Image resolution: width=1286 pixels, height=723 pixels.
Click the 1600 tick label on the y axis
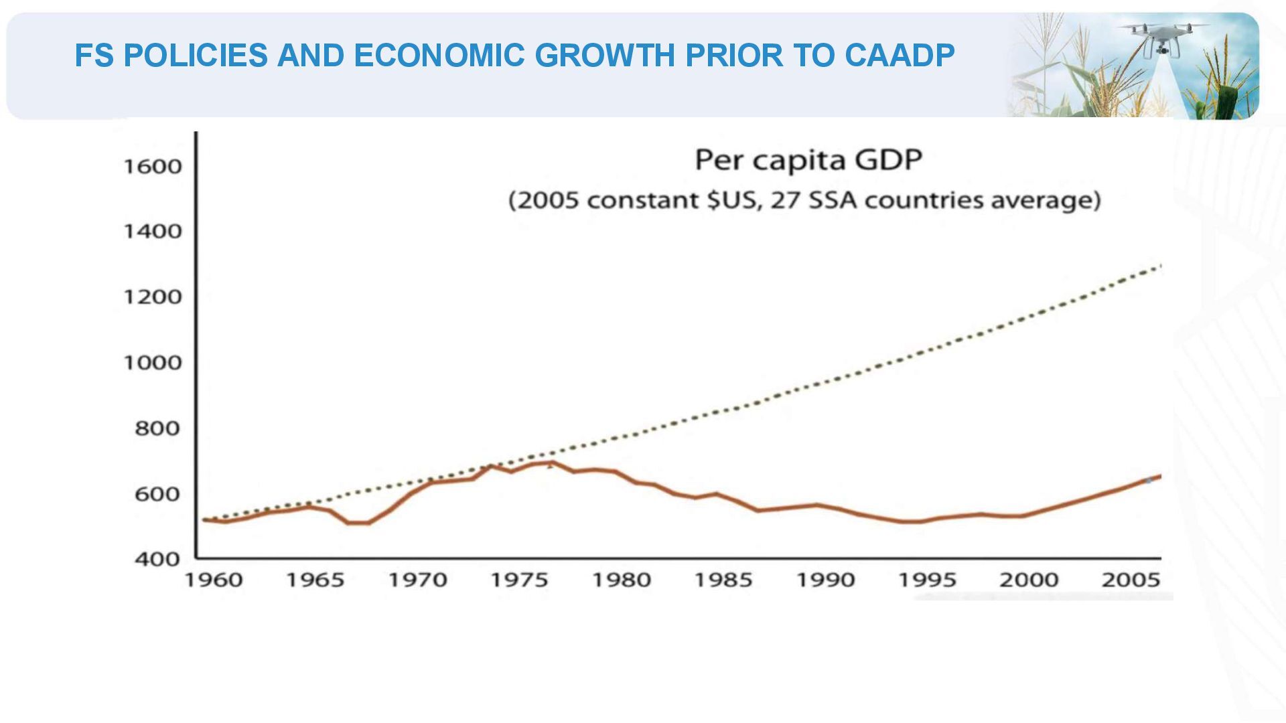pyautogui.click(x=153, y=166)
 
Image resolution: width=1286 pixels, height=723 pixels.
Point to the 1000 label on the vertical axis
pyautogui.click(x=153, y=363)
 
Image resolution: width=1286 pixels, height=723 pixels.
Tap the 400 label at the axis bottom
pyautogui.click(x=157, y=559)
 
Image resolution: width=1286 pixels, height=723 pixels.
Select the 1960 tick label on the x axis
pyautogui.click(x=214, y=580)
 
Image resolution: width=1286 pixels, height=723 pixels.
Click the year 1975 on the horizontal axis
pyautogui.click(x=519, y=580)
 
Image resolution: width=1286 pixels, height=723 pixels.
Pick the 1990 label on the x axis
pyautogui.click(x=825, y=580)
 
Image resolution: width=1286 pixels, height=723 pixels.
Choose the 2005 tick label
pyautogui.click(x=1131, y=580)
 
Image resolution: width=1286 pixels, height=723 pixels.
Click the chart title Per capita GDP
pyautogui.click(x=808, y=161)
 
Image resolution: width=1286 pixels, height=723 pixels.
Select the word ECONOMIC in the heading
pyautogui.click(x=439, y=56)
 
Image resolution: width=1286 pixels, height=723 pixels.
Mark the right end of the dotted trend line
pyautogui.click(x=1160, y=266)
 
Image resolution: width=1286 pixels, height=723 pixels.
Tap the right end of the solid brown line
pyautogui.click(x=1159, y=476)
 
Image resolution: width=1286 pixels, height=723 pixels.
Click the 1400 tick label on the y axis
pyautogui.click(x=153, y=232)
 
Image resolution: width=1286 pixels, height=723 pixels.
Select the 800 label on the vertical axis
pyautogui.click(x=157, y=428)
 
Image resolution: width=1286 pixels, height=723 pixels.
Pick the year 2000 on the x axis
pyautogui.click(x=1029, y=580)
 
